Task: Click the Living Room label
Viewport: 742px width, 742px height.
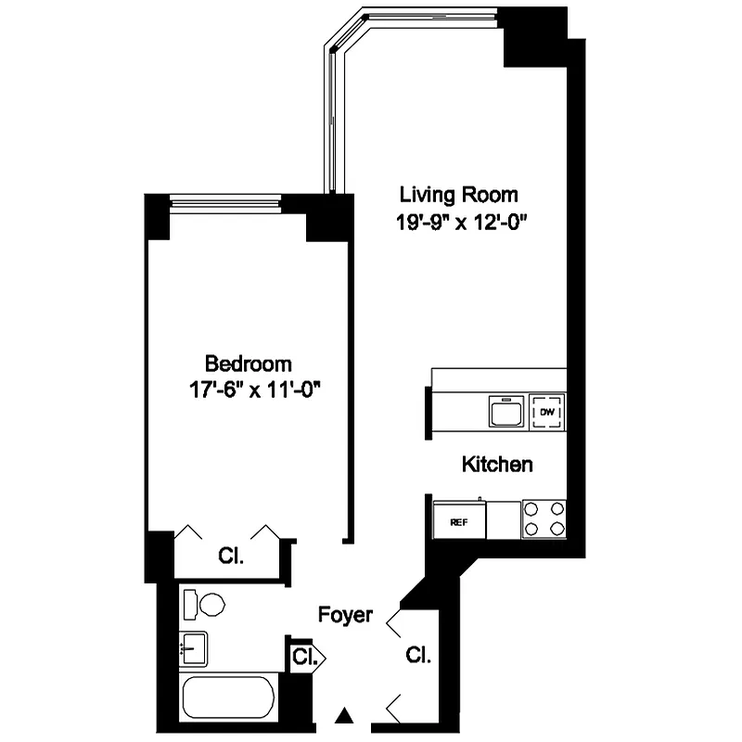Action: [458, 196]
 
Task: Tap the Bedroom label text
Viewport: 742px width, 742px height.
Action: [248, 363]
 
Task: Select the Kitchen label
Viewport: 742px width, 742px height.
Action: [497, 465]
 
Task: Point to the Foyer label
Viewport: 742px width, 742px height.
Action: [345, 615]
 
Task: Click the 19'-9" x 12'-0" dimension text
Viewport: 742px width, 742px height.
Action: [464, 223]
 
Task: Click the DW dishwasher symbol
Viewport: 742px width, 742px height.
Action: [547, 411]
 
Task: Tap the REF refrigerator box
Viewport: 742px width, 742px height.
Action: [458, 521]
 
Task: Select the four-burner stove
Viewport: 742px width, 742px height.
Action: [544, 518]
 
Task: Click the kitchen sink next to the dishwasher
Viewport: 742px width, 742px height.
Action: [505, 410]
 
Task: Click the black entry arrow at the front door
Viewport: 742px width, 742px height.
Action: [345, 715]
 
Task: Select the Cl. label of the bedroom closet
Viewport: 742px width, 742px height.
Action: [230, 556]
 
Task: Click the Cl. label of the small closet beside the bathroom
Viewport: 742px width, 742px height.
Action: [303, 658]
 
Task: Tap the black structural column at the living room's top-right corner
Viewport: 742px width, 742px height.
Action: [534, 37]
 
